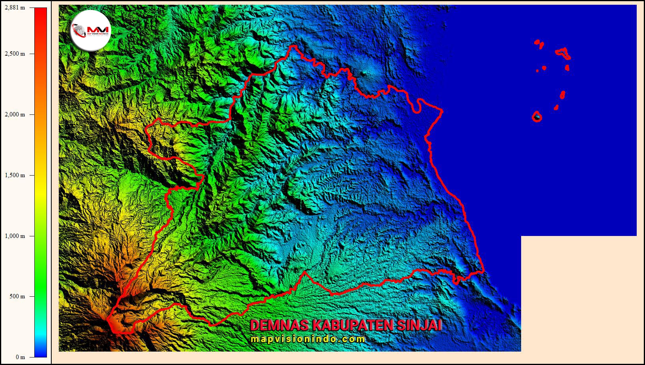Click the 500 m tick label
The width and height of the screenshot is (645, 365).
(x=17, y=296)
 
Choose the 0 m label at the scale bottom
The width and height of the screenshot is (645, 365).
(x=20, y=357)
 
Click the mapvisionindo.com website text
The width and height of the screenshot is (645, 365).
(x=308, y=339)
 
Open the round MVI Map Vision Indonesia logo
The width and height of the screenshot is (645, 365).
(x=91, y=30)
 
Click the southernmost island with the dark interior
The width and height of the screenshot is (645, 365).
(x=537, y=117)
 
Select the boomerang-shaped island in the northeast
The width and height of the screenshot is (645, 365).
(x=563, y=53)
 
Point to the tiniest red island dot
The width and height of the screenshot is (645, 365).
(x=537, y=71)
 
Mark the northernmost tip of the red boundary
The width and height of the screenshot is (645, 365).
(x=293, y=47)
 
